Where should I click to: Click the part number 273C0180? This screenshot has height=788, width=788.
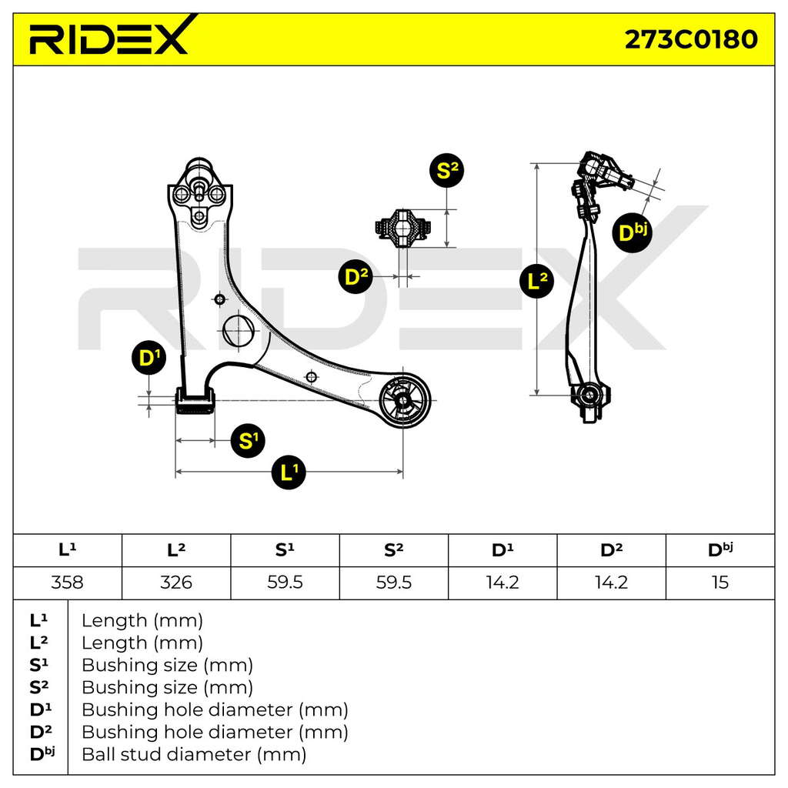click(x=691, y=39)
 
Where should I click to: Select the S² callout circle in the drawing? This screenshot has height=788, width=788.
click(x=447, y=170)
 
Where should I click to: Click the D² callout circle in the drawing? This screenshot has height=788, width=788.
click(x=356, y=276)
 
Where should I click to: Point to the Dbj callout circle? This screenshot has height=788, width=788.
click(x=632, y=232)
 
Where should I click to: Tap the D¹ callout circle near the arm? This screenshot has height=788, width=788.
click(x=149, y=358)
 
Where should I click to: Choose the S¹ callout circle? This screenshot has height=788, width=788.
click(x=249, y=441)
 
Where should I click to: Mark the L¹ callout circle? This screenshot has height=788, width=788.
click(x=289, y=472)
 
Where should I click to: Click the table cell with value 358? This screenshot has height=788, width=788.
click(x=68, y=583)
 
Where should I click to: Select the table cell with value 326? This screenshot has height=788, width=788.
click(x=176, y=583)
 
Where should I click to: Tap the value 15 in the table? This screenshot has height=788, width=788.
click(x=720, y=583)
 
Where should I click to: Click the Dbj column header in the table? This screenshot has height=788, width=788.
click(x=720, y=550)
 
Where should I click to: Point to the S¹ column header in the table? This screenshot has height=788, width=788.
click(x=285, y=550)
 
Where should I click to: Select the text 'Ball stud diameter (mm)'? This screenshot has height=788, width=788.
click(x=194, y=755)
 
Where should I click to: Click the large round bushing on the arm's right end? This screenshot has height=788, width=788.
click(x=404, y=400)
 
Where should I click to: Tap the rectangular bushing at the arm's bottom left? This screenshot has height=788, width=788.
click(x=195, y=401)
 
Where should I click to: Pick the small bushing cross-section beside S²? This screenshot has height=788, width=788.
click(x=403, y=229)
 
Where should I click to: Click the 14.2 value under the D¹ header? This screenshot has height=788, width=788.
click(x=503, y=583)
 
